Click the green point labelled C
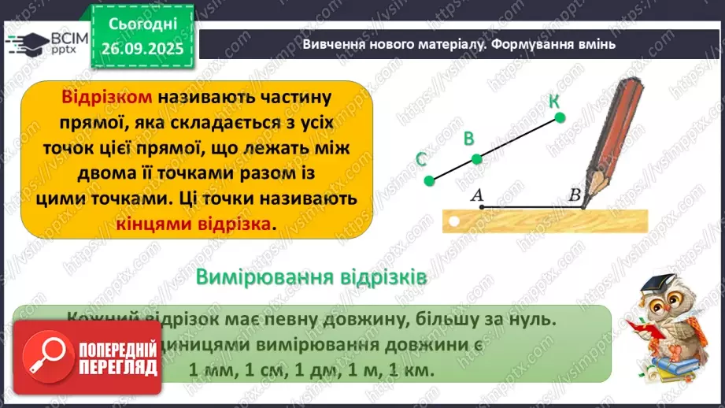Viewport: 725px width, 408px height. tap(429, 181)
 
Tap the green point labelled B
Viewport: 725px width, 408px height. tap(476, 159)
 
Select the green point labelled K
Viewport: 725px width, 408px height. tap(560, 118)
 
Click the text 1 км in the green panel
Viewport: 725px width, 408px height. tap(412, 369)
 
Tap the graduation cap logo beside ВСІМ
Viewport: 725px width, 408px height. tap(24, 42)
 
